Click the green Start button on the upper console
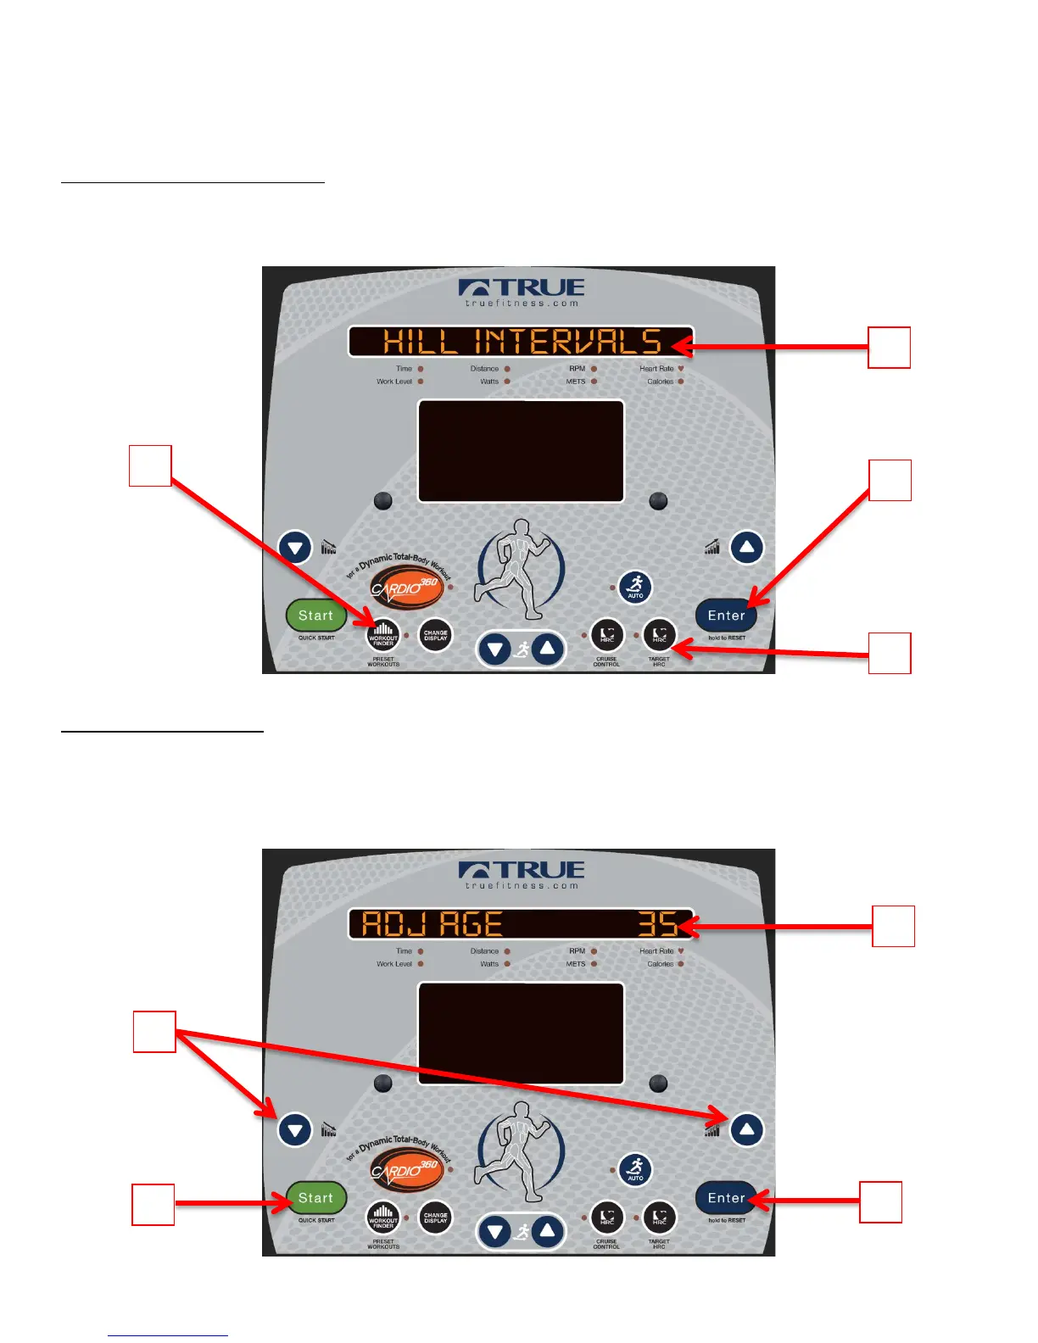[x=315, y=616]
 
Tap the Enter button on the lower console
[x=726, y=1198]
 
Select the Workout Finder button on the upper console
[x=383, y=634]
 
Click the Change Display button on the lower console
[x=435, y=1218]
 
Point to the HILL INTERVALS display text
[x=521, y=342]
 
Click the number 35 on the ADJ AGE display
[x=657, y=924]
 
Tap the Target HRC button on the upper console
[x=659, y=635]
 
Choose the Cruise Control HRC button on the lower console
[x=607, y=1218]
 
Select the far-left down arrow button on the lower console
[x=295, y=1130]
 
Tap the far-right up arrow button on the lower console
[x=746, y=1129]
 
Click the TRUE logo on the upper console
[x=521, y=288]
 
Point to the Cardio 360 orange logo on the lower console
[x=405, y=1171]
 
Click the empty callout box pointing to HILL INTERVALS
[x=889, y=348]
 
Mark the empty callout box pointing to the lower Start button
[x=153, y=1205]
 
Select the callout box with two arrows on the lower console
[x=154, y=1032]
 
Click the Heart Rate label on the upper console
[x=656, y=369]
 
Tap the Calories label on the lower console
[x=660, y=964]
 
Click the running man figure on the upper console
[x=519, y=568]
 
